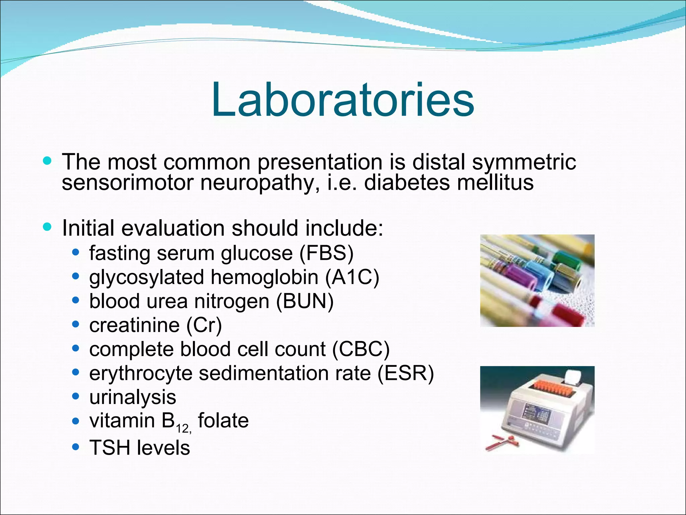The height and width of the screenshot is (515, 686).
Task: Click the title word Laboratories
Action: pyautogui.click(x=342, y=100)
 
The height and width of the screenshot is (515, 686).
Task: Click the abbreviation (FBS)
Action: pyautogui.click(x=326, y=253)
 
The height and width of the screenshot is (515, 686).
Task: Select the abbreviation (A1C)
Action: pyautogui.click(x=352, y=277)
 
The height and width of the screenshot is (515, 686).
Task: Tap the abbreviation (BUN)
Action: pyautogui.click(x=305, y=301)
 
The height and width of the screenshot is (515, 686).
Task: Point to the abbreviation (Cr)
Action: pyautogui.click(x=204, y=325)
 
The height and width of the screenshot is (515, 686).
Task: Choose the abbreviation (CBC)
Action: pyautogui.click(x=361, y=349)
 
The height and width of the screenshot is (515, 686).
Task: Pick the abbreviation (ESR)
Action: pyautogui.click(x=406, y=373)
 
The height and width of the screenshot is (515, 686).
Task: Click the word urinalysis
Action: pyautogui.click(x=132, y=397)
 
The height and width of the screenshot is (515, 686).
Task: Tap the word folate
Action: pyautogui.click(x=223, y=421)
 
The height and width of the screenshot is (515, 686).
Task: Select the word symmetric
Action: pyautogui.click(x=524, y=162)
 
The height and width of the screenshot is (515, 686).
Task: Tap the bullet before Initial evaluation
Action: pyautogui.click(x=47, y=227)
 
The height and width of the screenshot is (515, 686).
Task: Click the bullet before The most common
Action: pyautogui.click(x=47, y=161)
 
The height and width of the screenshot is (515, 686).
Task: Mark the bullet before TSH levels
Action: pyautogui.click(x=76, y=447)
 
